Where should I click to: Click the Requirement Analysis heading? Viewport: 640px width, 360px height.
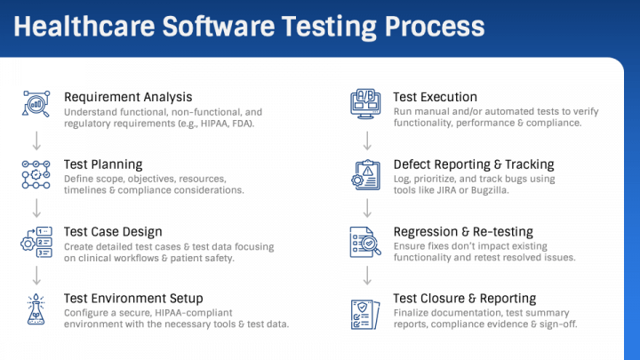coord(128,97)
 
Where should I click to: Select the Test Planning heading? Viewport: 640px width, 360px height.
coord(103,164)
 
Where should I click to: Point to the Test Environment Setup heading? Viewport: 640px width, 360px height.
coord(133,298)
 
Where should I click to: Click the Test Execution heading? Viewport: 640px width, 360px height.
coord(436,97)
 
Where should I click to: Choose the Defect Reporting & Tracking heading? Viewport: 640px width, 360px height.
coord(474,164)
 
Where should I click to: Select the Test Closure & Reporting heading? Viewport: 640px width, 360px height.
coord(465,298)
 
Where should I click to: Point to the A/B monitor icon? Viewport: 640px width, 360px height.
coord(366,104)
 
